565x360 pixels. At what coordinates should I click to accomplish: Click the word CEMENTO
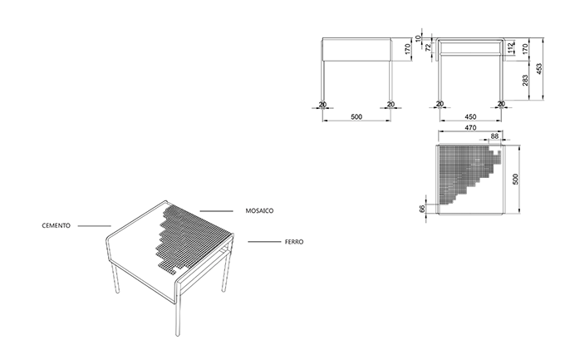tap(56, 226)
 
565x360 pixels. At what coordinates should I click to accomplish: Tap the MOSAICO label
tap(259, 210)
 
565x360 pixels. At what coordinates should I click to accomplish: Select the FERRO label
tap(294, 242)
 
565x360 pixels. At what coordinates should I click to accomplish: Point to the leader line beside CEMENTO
tap(95, 226)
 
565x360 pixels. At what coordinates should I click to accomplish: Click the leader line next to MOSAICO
tap(216, 211)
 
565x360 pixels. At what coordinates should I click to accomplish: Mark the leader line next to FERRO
tap(264, 242)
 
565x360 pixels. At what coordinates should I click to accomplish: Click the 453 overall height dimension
tap(539, 68)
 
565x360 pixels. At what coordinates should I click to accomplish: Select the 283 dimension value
tap(525, 80)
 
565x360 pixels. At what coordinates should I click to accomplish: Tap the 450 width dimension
tap(470, 117)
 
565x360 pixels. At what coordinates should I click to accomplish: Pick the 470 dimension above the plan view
tap(470, 128)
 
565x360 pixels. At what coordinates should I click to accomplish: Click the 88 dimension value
tap(494, 136)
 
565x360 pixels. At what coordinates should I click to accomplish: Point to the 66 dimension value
tap(423, 209)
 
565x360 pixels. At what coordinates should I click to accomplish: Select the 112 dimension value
tap(510, 47)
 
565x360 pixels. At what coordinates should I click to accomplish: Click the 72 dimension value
tap(428, 47)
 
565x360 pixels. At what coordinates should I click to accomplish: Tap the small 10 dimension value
tap(418, 38)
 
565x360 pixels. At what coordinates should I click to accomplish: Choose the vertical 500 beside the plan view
tap(516, 180)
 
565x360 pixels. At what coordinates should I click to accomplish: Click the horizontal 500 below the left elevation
tap(356, 117)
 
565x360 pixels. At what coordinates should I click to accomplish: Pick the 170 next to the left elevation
tap(407, 49)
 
